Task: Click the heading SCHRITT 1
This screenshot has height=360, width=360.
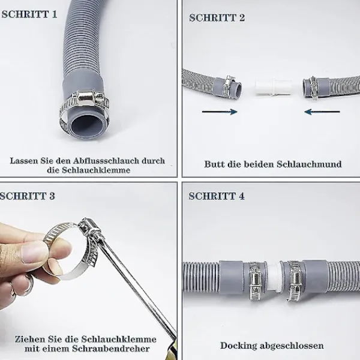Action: (29, 14)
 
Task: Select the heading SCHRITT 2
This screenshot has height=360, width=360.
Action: (217, 18)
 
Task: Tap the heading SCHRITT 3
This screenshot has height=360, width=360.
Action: (28, 196)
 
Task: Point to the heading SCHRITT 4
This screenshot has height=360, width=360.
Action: (217, 196)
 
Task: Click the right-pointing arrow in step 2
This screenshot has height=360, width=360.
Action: (220, 112)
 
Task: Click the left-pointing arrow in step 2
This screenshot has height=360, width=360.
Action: (322, 112)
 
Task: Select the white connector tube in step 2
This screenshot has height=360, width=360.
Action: (273, 88)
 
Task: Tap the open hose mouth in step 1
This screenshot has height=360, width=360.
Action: (88, 126)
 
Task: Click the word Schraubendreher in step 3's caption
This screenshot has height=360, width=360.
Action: (111, 349)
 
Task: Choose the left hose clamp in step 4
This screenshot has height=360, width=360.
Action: (257, 281)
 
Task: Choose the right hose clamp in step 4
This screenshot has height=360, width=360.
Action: (295, 281)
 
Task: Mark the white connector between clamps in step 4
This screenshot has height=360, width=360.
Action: (275, 277)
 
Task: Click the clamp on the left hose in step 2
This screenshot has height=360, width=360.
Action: (229, 86)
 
